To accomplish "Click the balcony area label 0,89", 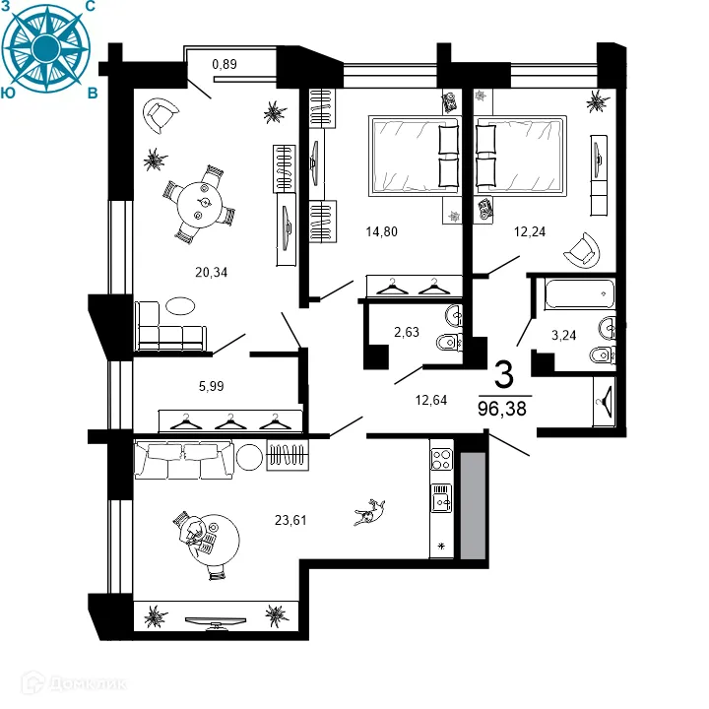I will pyautogui.click(x=226, y=66).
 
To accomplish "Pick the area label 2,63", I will pyautogui.click(x=407, y=332).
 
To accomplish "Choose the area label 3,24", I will pyautogui.click(x=564, y=335).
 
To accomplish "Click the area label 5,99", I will pyautogui.click(x=212, y=386).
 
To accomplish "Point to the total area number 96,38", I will pyautogui.click(x=502, y=408).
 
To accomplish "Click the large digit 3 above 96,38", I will pyautogui.click(x=503, y=375).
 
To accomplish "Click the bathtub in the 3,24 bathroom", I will pyautogui.click(x=577, y=294).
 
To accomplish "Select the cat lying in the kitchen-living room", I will pyautogui.click(x=371, y=512).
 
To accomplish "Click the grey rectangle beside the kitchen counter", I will pyautogui.click(x=474, y=506).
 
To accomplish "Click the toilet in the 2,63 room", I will pyautogui.click(x=448, y=343).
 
